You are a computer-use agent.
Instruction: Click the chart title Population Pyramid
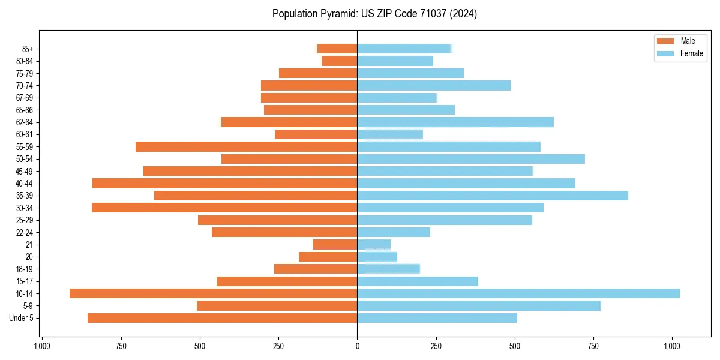[x=374, y=14]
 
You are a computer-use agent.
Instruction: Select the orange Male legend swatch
[x=665, y=41]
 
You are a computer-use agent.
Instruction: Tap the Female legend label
[x=691, y=53]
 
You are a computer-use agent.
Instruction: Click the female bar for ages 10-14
[x=518, y=293]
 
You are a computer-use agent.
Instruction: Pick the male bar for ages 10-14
[x=213, y=293]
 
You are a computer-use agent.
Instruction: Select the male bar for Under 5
[x=222, y=318]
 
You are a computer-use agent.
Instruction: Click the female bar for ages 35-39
[x=492, y=196]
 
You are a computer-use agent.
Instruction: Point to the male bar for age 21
[x=335, y=245]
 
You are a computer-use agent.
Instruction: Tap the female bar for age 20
[x=377, y=257]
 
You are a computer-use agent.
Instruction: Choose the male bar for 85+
[x=337, y=49]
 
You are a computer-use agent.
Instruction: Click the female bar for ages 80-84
[x=395, y=61]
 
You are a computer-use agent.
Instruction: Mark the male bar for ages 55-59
[x=246, y=146]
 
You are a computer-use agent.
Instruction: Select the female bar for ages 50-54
[x=470, y=159]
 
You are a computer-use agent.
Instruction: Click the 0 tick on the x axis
[x=357, y=346]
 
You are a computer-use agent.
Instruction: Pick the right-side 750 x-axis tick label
[x=594, y=346]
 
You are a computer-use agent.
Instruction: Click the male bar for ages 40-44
[x=224, y=184]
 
